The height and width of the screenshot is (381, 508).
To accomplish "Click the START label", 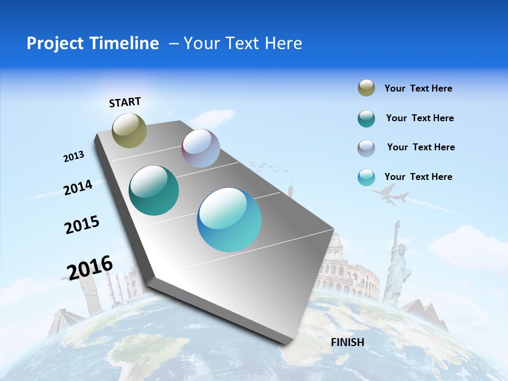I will (125, 102).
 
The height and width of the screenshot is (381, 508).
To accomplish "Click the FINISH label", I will (348, 342).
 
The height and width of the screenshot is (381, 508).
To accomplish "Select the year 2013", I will (74, 157).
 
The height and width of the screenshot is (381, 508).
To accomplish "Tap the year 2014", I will (78, 187).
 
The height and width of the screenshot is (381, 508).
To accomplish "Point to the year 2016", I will (90, 268).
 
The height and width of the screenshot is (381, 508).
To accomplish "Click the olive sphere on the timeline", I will (129, 130).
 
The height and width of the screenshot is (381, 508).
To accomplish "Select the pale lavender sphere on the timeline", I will (201, 148).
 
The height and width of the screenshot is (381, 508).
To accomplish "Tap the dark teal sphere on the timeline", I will (153, 190).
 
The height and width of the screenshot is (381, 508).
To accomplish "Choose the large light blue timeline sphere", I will (229, 220).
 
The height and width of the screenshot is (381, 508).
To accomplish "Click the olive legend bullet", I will (366, 88).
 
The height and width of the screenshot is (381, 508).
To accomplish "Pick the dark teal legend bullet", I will (366, 119).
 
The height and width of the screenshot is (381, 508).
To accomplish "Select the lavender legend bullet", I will (366, 148).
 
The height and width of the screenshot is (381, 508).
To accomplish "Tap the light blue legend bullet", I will (366, 177).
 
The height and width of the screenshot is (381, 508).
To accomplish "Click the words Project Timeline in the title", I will (93, 43).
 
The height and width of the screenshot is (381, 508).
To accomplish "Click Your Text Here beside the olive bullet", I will (418, 88).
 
